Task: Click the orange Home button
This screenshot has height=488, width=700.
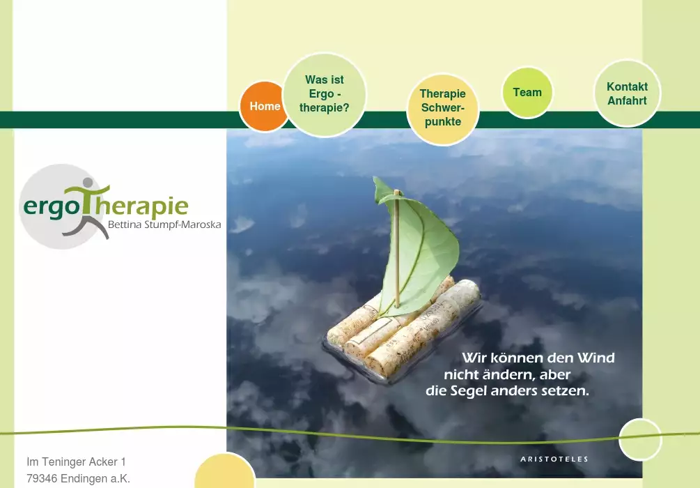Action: pyautogui.click(x=263, y=107)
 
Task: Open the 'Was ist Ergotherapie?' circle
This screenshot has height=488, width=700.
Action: pyautogui.click(x=325, y=95)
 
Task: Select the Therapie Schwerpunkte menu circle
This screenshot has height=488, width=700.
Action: pyautogui.click(x=443, y=109)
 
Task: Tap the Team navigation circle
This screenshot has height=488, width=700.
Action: pyautogui.click(x=527, y=93)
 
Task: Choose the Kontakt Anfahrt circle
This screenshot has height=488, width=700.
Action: pyautogui.click(x=628, y=93)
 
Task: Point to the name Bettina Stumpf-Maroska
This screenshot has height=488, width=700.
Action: pyautogui.click(x=164, y=224)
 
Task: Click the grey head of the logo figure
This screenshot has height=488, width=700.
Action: pyautogui.click(x=88, y=183)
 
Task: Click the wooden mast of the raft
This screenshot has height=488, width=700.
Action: pyautogui.click(x=396, y=248)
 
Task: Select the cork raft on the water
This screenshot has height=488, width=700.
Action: pyautogui.click(x=404, y=328)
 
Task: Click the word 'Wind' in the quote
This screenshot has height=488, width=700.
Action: pyautogui.click(x=596, y=358)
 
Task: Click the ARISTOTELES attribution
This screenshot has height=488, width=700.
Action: pyautogui.click(x=554, y=459)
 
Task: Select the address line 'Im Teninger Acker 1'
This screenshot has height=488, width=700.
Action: pyautogui.click(x=77, y=462)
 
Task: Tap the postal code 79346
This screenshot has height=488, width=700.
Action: pyautogui.click(x=42, y=479)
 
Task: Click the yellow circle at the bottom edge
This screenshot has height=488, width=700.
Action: pyautogui.click(x=224, y=471)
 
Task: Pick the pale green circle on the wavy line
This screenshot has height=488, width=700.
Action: pyautogui.click(x=639, y=440)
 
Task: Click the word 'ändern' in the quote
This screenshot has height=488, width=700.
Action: pyautogui.click(x=503, y=374)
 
